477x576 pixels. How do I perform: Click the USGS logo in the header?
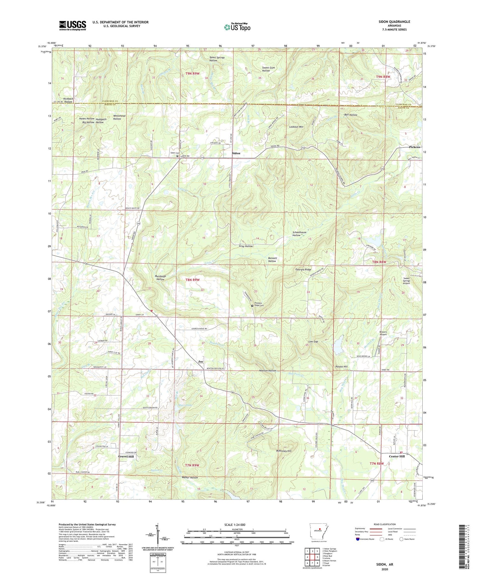73,25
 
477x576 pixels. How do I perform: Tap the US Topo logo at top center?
237,27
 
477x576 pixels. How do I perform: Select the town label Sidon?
236,153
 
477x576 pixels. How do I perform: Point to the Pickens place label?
414,147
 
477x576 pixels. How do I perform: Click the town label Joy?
201,362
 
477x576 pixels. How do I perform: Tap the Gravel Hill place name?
126,456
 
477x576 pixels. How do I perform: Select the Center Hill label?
397,456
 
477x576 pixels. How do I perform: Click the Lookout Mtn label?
296,127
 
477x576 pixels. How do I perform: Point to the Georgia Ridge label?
303,269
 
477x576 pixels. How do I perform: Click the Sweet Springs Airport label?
406,281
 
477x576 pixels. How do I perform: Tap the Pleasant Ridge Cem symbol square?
252,306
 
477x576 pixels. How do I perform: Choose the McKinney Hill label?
284,451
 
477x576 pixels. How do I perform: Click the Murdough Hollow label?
160,278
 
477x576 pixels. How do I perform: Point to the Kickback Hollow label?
68,100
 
